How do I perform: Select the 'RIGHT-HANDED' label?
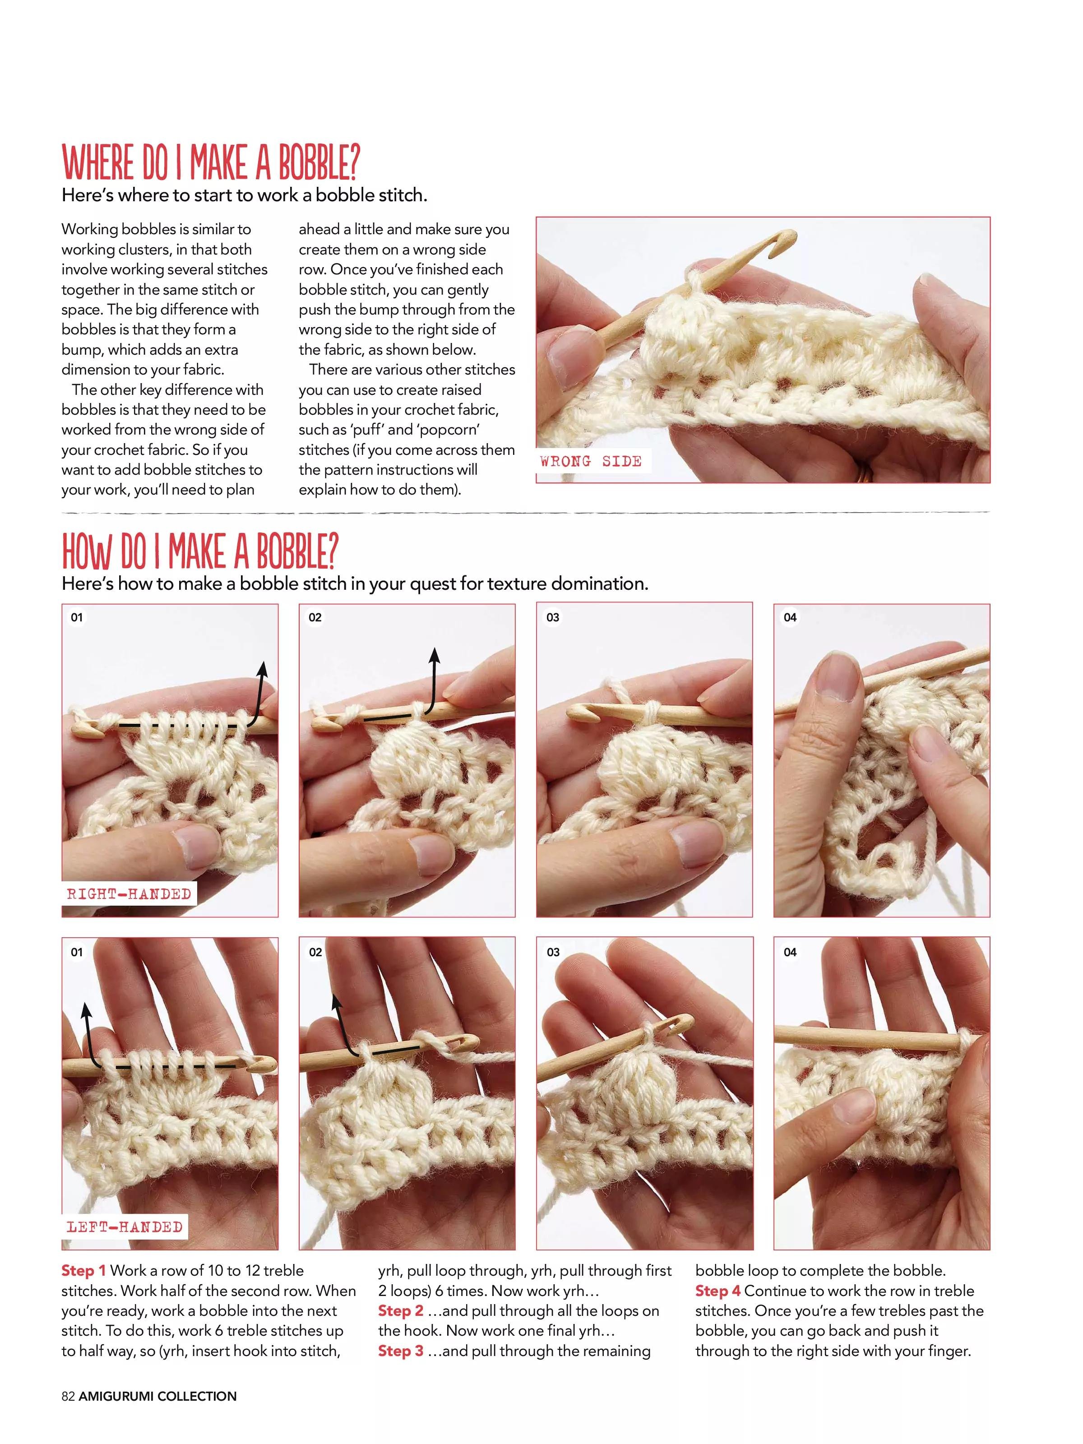(129, 893)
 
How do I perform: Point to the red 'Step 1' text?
(83, 1270)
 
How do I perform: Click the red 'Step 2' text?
(401, 1310)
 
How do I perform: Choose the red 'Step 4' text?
(718, 1291)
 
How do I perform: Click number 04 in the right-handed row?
(790, 617)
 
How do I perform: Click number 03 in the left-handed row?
(553, 952)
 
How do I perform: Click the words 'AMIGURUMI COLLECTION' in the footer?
(158, 1396)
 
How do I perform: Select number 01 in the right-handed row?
(77, 617)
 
